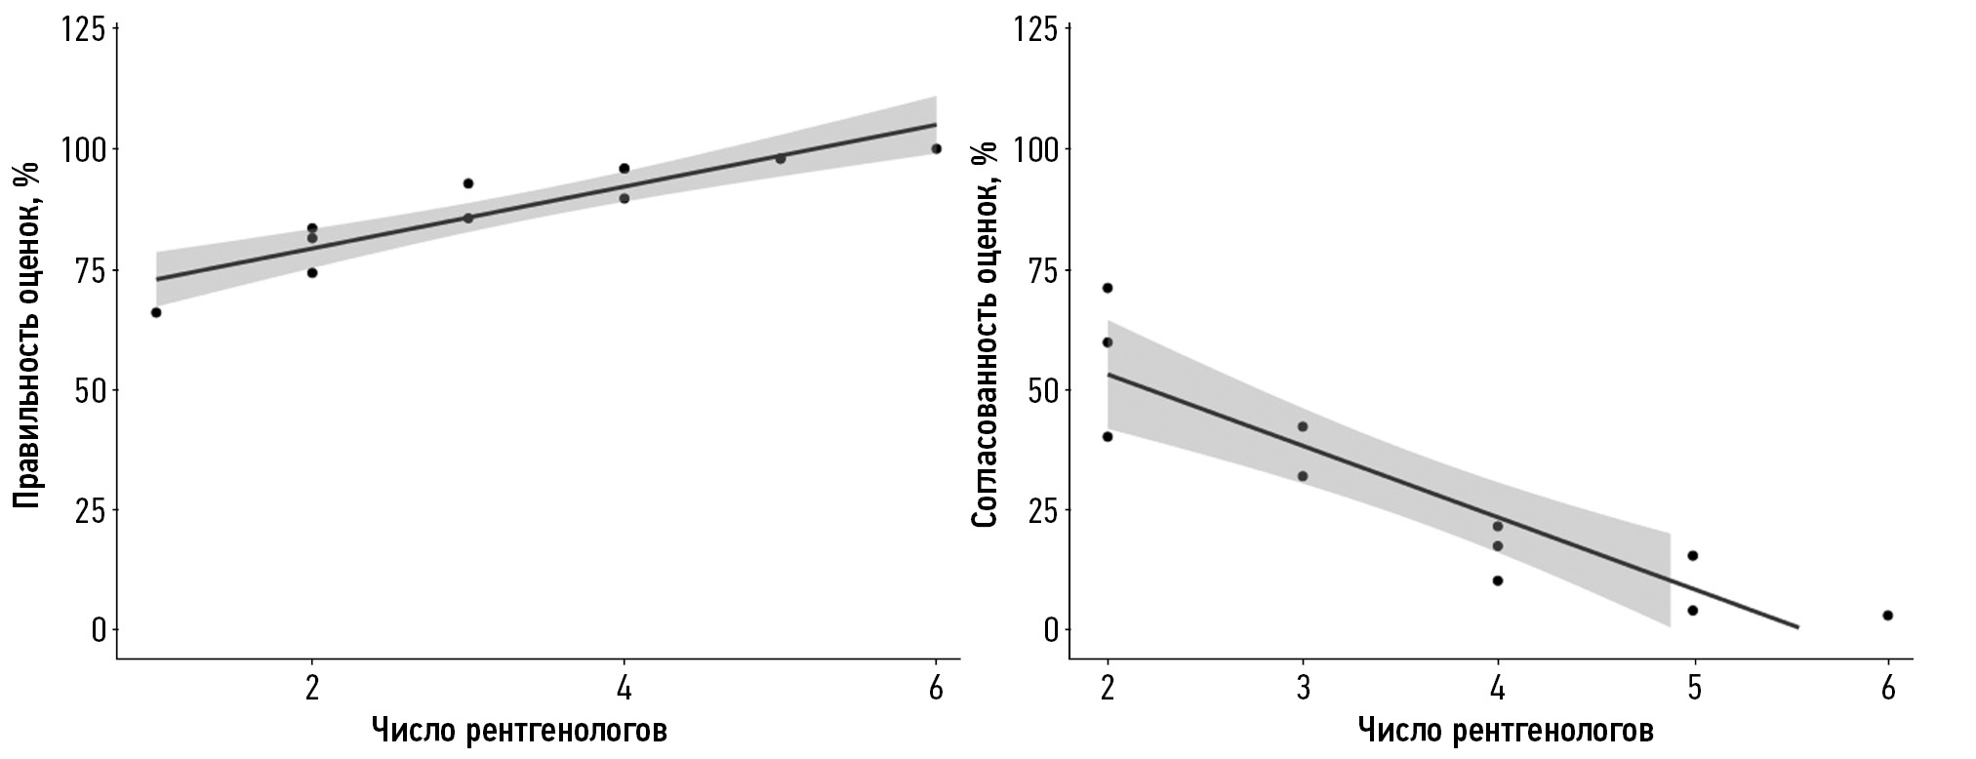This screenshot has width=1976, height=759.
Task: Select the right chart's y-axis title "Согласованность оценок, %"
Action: [986, 335]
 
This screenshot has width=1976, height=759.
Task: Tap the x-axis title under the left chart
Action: [519, 730]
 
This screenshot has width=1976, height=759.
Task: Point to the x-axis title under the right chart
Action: [1505, 730]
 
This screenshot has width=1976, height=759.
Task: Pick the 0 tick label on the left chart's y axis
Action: [98, 630]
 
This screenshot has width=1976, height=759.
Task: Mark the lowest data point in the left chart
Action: [156, 312]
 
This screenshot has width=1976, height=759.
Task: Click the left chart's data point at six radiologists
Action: [936, 148]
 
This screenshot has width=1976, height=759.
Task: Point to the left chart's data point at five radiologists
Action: [780, 159]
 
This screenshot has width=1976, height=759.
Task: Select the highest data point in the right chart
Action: [1108, 288]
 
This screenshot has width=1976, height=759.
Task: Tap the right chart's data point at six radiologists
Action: [1888, 616]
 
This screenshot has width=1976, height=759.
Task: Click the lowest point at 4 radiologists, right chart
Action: [1498, 580]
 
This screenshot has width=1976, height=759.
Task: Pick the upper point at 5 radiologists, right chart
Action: [1693, 556]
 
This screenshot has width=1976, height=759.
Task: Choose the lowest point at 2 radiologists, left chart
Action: [312, 273]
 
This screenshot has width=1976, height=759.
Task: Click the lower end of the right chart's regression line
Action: [1797, 627]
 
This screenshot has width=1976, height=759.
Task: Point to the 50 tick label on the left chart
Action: [88, 390]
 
